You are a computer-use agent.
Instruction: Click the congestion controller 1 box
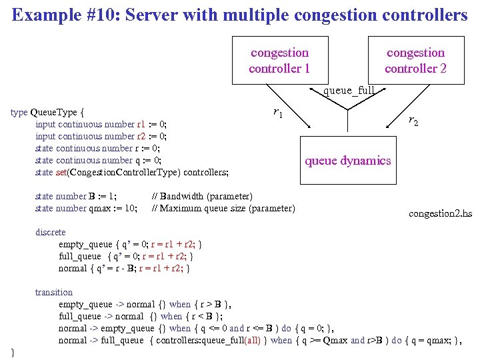279,60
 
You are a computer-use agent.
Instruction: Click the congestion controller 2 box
415,60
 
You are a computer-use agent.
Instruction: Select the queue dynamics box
348,160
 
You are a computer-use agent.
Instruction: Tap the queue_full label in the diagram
348,90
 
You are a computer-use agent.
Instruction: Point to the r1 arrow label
278,113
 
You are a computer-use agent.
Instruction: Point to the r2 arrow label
413,121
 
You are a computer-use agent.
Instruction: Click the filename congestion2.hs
440,213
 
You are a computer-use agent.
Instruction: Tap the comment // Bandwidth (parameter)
202,196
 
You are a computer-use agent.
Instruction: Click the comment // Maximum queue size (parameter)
223,208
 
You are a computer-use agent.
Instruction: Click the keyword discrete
51,232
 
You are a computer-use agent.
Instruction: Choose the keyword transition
54,292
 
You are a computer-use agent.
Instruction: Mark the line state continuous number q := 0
98,160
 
